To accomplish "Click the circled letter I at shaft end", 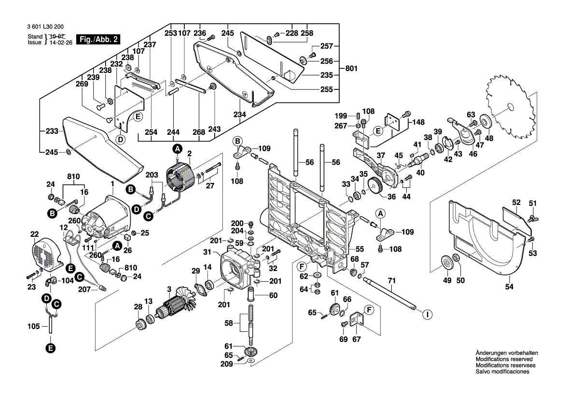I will (x=426, y=314).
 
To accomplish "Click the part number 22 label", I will (x=34, y=234).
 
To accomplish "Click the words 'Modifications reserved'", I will (x=504, y=359).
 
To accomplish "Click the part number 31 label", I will (x=207, y=252).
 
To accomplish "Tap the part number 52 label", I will (x=517, y=203).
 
